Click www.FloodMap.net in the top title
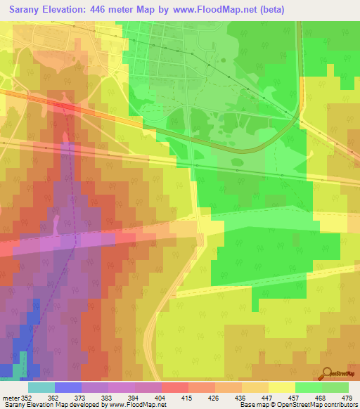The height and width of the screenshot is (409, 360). coord(224,10)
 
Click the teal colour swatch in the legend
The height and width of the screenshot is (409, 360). coord(41,387)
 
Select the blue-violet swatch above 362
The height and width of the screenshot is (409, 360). coord(67,387)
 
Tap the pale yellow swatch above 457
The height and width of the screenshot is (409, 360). coord(281,387)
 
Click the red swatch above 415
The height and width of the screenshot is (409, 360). coord(174,387)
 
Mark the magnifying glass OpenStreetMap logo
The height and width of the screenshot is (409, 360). coord(326,373)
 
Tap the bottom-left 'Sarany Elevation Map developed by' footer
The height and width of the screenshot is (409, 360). coord(56,405)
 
